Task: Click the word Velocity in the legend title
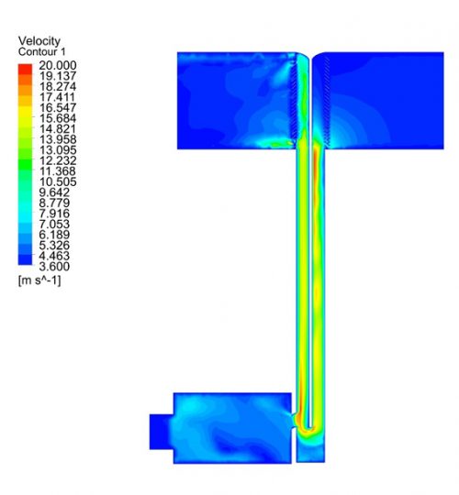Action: pyautogui.click(x=39, y=41)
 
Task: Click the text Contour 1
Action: pyautogui.click(x=41, y=51)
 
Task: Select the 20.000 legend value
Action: pyautogui.click(x=58, y=66)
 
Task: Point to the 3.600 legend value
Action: pyautogui.click(x=54, y=267)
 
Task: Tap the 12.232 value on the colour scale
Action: pyautogui.click(x=58, y=160)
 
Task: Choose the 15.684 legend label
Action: pyautogui.click(x=58, y=118)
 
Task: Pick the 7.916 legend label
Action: pyautogui.click(x=54, y=214)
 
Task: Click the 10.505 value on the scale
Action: pyautogui.click(x=58, y=181)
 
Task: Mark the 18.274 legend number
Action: pyautogui.click(x=58, y=87)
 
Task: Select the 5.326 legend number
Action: pyautogui.click(x=54, y=246)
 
